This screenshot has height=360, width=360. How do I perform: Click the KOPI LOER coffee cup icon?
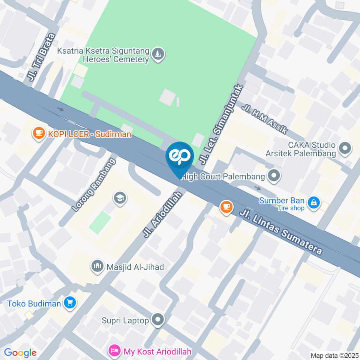click(x=39, y=133)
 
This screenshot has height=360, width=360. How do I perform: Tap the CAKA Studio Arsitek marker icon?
click(x=345, y=148)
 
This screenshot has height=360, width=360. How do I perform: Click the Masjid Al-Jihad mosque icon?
click(x=97, y=267)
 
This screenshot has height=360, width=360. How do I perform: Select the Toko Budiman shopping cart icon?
click(x=70, y=303)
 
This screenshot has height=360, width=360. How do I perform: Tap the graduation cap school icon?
click(x=120, y=197)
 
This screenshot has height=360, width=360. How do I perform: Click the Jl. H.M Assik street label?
click(x=265, y=119)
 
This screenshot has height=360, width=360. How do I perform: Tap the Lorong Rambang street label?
click(x=94, y=185)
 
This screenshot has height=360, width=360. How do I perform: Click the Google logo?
click(x=20, y=352)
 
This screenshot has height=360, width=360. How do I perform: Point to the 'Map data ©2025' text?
click(x=334, y=355)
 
